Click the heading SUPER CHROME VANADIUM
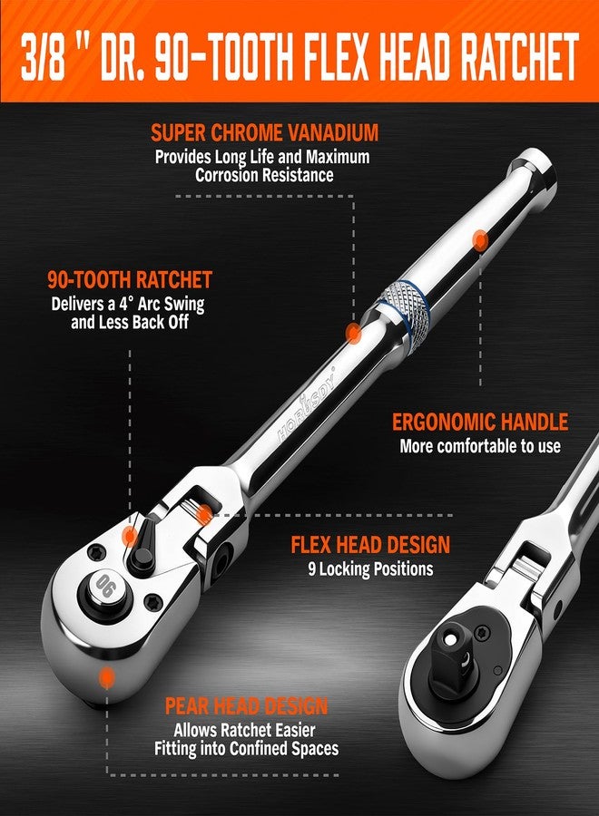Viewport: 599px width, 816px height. (263, 133)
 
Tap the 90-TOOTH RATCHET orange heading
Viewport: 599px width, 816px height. (130, 279)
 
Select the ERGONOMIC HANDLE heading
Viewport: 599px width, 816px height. (480, 422)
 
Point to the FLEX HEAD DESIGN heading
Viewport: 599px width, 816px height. (370, 545)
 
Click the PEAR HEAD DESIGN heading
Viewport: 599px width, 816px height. (246, 706)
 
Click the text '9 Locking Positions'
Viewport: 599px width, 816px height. (370, 569)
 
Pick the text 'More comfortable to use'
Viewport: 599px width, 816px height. (480, 446)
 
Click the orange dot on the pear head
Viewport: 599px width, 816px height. (107, 676)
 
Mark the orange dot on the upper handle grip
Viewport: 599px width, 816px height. (480, 239)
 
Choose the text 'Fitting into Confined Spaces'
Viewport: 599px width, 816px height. (246, 749)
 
